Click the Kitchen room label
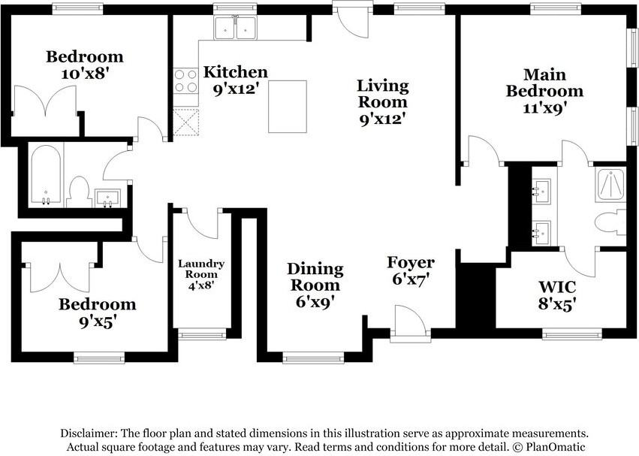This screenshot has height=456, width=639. tap(236, 72)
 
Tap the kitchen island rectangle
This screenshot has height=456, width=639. tap(288, 107)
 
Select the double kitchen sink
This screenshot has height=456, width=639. tap(236, 28)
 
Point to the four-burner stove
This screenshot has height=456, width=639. tap(186, 81)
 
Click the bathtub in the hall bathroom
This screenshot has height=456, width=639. tap(46, 175)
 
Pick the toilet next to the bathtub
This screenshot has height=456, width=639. tap(79, 192)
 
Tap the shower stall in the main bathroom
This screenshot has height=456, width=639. tap(610, 184)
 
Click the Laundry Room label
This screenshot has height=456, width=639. tap(201, 269)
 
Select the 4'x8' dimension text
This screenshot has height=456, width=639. tap(201, 285)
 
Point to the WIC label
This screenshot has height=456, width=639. tap(557, 287)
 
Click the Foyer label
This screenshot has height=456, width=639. tap(411, 262)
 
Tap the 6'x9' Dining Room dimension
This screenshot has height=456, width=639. tap(315, 302)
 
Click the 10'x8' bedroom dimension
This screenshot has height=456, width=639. tap(85, 74)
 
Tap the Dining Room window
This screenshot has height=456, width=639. tap(313, 358)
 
